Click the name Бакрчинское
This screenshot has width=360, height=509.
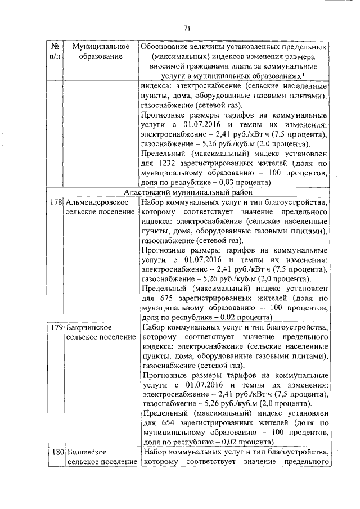coord(87,327)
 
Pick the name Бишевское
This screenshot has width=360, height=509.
coord(85,452)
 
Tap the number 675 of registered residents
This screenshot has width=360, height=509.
coord(163,289)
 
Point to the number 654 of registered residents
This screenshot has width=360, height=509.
coord(163,413)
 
